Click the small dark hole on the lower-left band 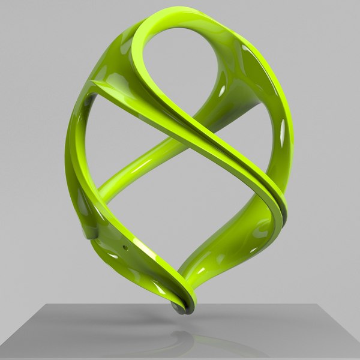pos(125,247)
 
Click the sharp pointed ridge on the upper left pos(95,85)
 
